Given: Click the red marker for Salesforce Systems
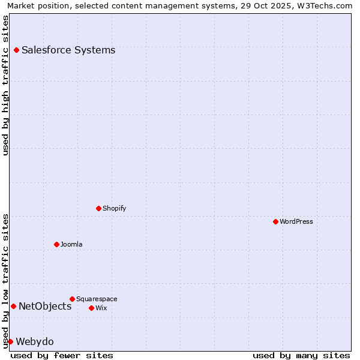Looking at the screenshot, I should tap(16, 50).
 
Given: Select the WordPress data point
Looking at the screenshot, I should tap(275, 222).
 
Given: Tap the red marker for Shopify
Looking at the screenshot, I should tap(98, 209).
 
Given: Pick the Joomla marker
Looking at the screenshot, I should tap(56, 245).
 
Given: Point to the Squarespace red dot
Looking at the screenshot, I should tap(72, 299).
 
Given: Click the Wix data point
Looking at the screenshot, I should tap(91, 308).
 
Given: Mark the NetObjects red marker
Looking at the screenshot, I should tap(13, 307).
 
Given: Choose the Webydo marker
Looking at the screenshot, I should tap(10, 342).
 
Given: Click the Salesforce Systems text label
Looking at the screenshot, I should tap(68, 50).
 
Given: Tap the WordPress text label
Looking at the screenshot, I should tap(296, 222).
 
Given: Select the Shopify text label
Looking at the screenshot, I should tap(115, 209).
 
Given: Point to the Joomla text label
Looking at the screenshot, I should tap(71, 245).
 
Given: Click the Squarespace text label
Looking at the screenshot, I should tap(97, 299).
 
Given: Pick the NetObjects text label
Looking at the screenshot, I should tap(45, 307).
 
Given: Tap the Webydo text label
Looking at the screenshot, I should tap(35, 342).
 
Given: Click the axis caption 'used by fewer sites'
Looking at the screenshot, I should tap(62, 356).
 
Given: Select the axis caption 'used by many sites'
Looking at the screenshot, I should tap(301, 356).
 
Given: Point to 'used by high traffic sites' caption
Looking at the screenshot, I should tap(5, 85).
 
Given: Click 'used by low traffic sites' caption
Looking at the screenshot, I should tap(5, 280).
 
